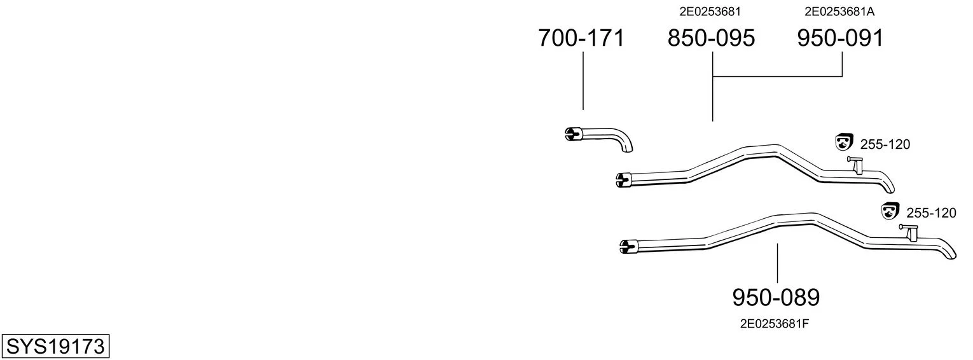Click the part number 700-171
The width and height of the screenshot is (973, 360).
[x=581, y=38]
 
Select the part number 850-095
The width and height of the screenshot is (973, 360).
[x=711, y=38]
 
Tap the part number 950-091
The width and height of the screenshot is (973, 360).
[x=840, y=38]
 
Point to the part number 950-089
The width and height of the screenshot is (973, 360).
[x=776, y=298]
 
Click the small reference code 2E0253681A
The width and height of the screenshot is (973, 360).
[x=839, y=11]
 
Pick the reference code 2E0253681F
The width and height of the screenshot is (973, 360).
[x=775, y=324]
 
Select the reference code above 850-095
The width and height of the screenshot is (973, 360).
[x=710, y=11]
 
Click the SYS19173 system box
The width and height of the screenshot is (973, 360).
[x=55, y=346]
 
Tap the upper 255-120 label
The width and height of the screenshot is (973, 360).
[x=885, y=144]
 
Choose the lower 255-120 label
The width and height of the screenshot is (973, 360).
[x=931, y=213]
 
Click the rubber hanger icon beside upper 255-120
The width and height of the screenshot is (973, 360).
[x=844, y=142]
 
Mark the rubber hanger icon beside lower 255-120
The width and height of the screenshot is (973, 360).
[x=890, y=211]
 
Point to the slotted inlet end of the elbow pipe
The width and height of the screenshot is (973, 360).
[x=570, y=134]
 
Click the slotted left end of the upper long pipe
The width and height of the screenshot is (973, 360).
[x=621, y=180]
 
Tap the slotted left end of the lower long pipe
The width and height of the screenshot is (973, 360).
[x=626, y=246]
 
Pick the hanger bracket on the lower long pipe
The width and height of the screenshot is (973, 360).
[x=909, y=232]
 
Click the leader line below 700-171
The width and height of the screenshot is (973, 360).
[x=583, y=81]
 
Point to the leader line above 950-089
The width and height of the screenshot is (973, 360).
[x=778, y=263]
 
